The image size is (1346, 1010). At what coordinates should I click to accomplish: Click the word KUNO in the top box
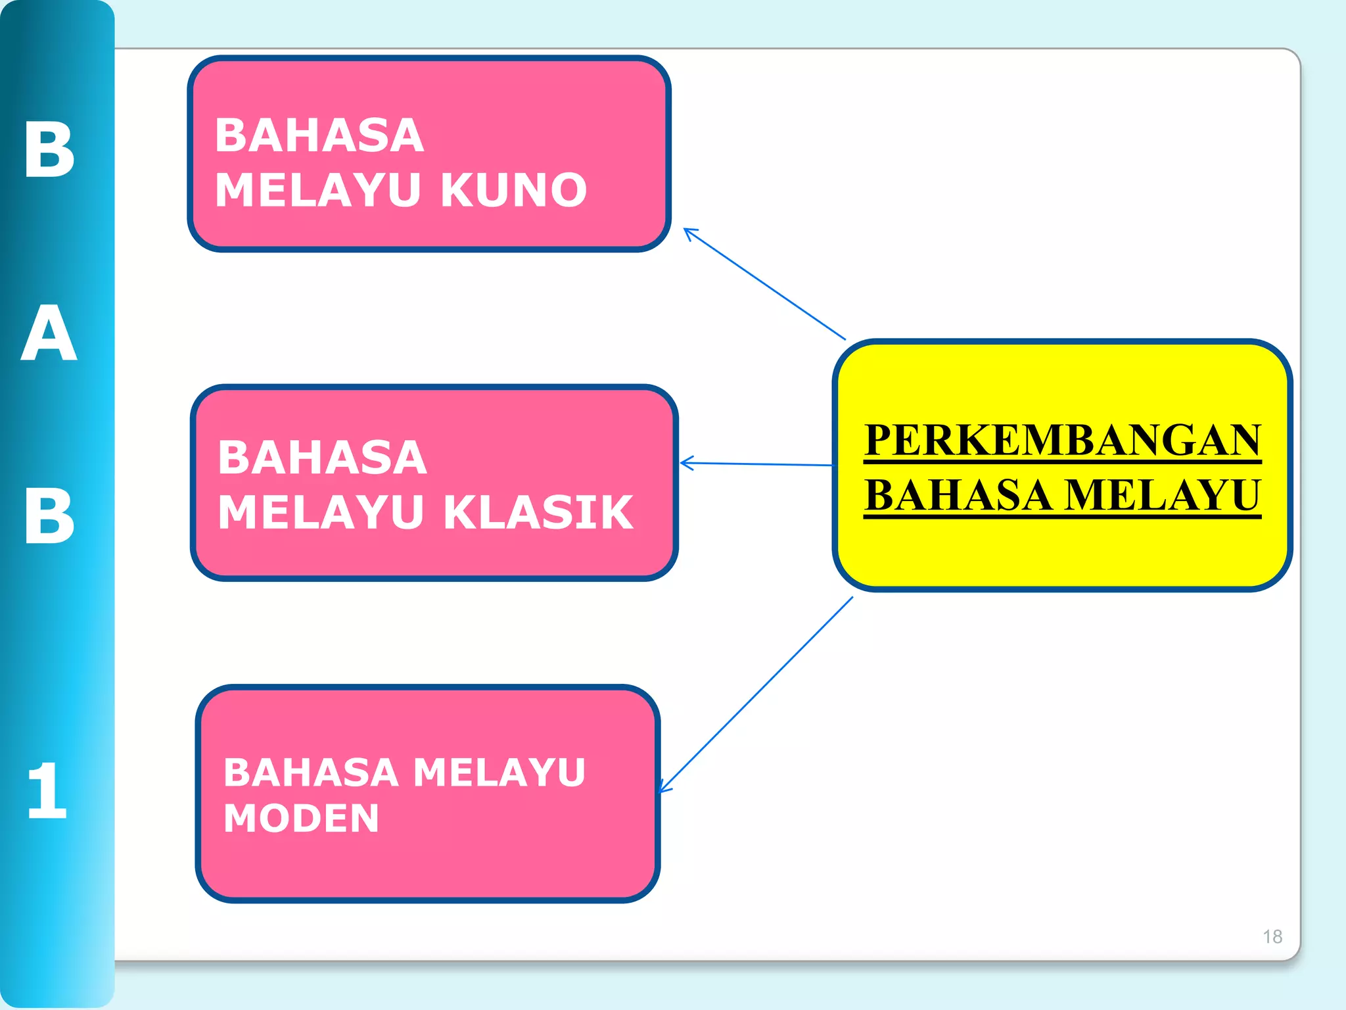click(513, 191)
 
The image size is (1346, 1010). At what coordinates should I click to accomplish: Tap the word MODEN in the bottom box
click(301, 819)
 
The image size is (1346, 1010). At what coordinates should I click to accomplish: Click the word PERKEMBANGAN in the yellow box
click(1062, 440)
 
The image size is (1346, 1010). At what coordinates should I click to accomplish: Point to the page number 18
click(1272, 936)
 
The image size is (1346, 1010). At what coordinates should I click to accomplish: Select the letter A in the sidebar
click(49, 333)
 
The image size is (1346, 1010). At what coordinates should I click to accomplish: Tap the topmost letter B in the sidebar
click(49, 150)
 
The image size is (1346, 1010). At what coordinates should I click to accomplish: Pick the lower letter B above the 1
click(49, 516)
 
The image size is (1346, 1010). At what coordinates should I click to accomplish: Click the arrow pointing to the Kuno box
click(764, 284)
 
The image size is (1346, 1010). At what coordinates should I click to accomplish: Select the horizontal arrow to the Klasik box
click(756, 464)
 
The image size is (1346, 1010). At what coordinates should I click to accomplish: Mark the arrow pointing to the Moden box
click(756, 694)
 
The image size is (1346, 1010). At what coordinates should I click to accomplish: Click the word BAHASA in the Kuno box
click(319, 136)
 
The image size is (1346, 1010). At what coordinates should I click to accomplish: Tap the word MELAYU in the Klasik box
click(321, 512)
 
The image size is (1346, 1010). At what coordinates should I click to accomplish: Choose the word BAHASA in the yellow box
click(958, 495)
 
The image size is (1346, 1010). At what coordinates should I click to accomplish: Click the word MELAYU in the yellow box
click(1162, 495)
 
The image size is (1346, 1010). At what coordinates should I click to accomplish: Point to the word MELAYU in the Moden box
click(499, 773)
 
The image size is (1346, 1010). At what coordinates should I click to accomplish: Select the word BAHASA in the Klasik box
click(322, 458)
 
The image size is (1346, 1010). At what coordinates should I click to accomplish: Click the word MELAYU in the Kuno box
click(318, 191)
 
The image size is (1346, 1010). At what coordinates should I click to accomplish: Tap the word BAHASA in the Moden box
click(311, 773)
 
